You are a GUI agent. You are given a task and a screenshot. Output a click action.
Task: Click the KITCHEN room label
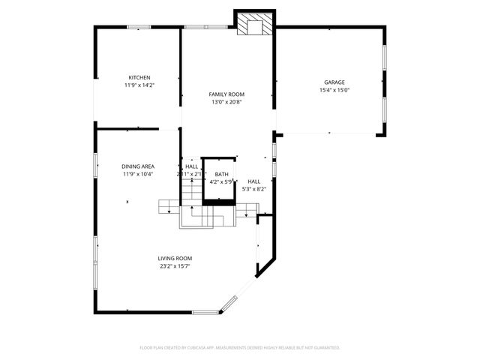click(x=139, y=77)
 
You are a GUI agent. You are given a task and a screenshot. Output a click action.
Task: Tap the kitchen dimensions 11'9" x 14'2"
click(x=139, y=85)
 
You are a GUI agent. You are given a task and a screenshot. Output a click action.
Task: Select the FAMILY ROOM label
click(x=226, y=94)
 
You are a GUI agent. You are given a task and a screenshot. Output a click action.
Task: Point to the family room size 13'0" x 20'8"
click(x=226, y=102)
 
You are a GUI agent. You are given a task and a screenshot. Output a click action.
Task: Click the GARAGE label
click(x=334, y=82)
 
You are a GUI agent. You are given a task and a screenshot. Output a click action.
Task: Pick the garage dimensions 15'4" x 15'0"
click(x=334, y=90)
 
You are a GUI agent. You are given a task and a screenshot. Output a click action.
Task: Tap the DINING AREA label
click(x=138, y=166)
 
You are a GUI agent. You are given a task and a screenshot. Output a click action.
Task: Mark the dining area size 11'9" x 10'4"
click(x=138, y=174)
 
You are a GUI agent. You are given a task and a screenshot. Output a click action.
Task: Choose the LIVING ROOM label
click(x=175, y=258)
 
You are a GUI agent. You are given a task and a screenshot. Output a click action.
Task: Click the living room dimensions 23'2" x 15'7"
click(x=175, y=266)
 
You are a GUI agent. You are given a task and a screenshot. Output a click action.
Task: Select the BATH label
click(x=222, y=173)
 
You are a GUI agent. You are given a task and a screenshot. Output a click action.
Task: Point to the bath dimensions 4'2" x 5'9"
click(x=222, y=181)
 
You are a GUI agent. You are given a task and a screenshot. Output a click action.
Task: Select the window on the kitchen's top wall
click(x=139, y=27)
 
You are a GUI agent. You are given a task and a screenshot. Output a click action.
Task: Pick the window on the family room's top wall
click(x=196, y=27)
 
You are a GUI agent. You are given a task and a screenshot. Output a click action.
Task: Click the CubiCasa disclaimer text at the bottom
click(x=240, y=347)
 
